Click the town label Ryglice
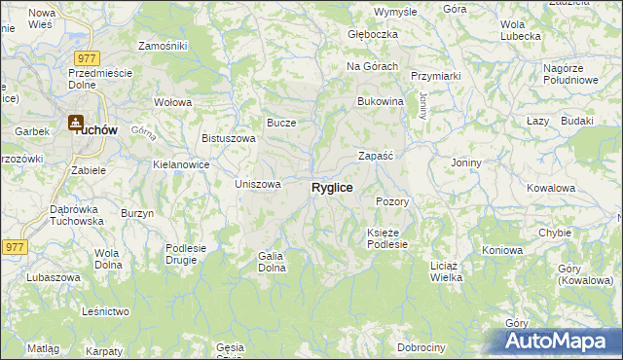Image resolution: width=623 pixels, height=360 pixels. (x=332, y=187)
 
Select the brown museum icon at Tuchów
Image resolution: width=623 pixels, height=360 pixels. (x=75, y=124)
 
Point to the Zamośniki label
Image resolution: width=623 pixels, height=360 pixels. (x=163, y=46)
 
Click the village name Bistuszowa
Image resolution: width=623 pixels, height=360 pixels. (x=228, y=138)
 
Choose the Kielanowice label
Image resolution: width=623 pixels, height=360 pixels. (x=182, y=164)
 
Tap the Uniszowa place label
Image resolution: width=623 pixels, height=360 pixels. (x=259, y=184)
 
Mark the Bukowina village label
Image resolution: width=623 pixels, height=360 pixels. (x=381, y=101)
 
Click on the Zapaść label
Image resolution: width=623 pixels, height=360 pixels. (x=375, y=155)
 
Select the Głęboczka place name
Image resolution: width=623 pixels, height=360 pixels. (x=374, y=34)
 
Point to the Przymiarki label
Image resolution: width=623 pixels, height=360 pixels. (x=435, y=76)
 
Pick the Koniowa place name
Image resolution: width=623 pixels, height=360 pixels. (x=502, y=250)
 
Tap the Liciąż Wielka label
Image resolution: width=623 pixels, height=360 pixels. (x=446, y=270)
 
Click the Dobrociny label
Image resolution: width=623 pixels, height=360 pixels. (x=421, y=347)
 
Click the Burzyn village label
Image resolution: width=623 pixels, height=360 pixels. (x=137, y=212)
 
